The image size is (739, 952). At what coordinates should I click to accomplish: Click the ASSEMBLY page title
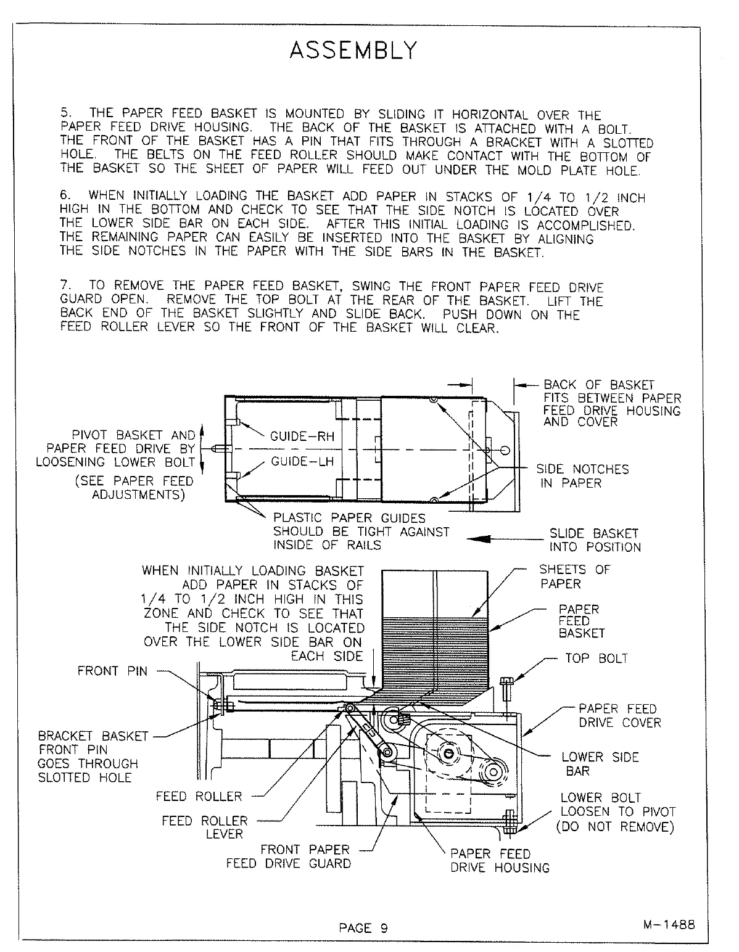click(353, 50)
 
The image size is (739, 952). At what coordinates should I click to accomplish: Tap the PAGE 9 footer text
click(363, 928)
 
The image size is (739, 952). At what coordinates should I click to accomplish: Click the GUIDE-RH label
click(302, 437)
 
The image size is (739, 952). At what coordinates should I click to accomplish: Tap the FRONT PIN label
click(112, 671)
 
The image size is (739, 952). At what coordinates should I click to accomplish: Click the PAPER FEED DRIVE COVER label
click(619, 716)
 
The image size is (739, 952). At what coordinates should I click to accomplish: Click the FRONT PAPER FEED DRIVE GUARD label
click(288, 856)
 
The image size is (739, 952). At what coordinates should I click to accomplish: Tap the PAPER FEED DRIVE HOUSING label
click(500, 861)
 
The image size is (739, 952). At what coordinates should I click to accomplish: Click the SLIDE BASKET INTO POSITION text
click(595, 540)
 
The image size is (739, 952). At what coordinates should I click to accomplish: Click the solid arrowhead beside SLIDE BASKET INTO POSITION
click(479, 540)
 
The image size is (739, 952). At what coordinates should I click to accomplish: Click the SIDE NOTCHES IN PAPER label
click(582, 476)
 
